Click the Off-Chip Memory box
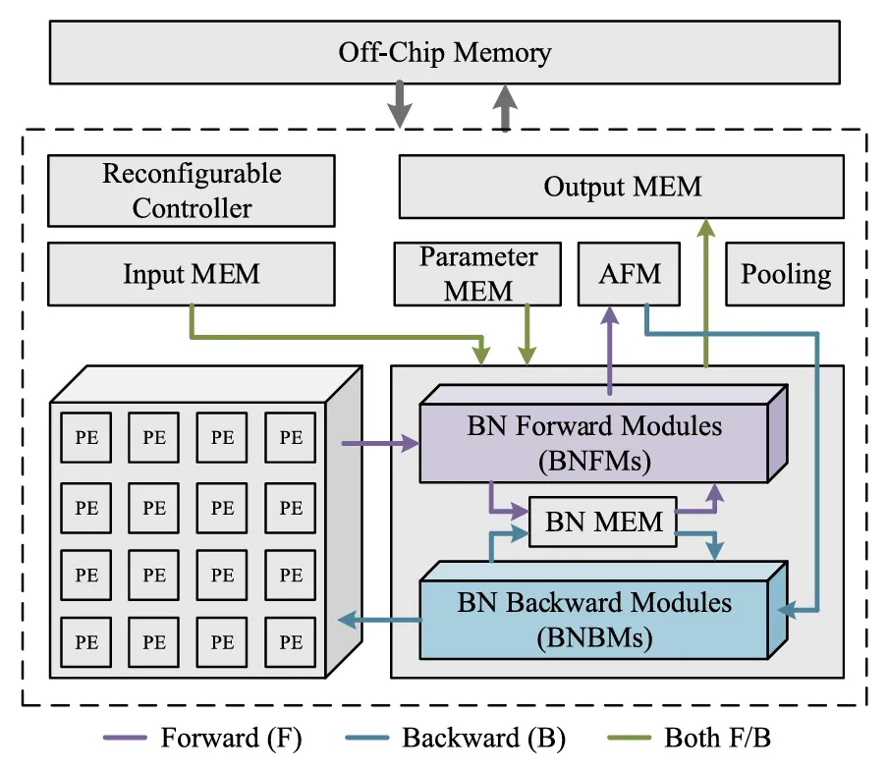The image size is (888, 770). point(444,52)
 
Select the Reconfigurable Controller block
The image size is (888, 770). point(192,191)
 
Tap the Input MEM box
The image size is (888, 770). point(192,274)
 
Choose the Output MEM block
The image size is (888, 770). point(621,187)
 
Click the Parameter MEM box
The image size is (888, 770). point(478,274)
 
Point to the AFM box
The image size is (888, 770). point(630,274)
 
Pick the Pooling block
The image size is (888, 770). point(785,274)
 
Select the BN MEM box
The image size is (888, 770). point(603,522)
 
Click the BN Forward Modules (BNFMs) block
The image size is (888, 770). point(594,441)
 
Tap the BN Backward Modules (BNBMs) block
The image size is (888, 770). point(594,618)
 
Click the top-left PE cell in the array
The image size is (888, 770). point(86,439)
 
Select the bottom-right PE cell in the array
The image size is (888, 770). point(291,642)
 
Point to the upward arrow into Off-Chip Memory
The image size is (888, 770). point(505,106)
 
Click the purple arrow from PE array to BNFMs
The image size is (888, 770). point(379,445)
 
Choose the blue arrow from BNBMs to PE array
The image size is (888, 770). point(377,619)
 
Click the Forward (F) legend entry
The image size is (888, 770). point(202,738)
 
